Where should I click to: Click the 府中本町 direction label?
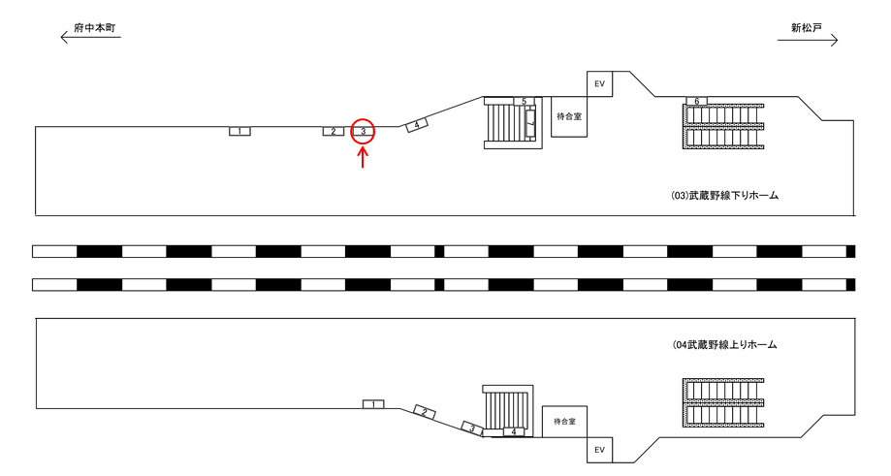tap(95, 29)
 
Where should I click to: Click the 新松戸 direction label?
tap(806, 29)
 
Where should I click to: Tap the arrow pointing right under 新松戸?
tap(807, 41)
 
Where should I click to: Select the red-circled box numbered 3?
tap(362, 131)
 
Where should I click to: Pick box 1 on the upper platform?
tap(239, 131)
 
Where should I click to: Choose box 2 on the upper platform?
tap(333, 131)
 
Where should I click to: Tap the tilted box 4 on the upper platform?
tap(416, 125)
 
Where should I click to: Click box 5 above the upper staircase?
tap(523, 101)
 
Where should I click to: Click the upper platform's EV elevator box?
tap(599, 84)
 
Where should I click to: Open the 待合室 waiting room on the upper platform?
tap(569, 116)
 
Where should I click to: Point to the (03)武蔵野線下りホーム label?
tap(725, 196)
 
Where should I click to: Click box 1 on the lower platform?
tap(374, 403)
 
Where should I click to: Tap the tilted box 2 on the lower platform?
tap(424, 412)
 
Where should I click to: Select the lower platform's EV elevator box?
tap(599, 450)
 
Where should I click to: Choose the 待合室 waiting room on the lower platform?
tap(564, 422)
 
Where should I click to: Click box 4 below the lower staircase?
tap(515, 431)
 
